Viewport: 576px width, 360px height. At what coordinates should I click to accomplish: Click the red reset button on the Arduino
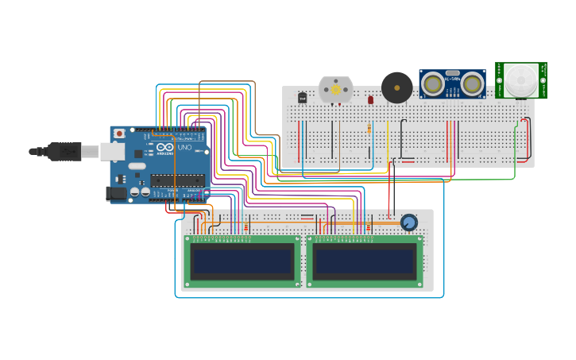[x=119, y=134]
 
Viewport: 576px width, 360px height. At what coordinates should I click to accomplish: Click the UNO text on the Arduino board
[x=184, y=148]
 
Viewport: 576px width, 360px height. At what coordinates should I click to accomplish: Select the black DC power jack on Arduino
[x=117, y=193]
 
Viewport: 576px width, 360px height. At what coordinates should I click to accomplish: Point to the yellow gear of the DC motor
[x=335, y=90]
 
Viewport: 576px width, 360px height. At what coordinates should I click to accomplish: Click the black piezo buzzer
[x=396, y=87]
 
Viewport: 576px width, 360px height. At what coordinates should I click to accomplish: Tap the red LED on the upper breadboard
[x=370, y=100]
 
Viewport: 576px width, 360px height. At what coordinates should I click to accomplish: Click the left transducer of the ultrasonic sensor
[x=433, y=83]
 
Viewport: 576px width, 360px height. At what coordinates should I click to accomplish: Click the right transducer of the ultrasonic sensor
[x=472, y=83]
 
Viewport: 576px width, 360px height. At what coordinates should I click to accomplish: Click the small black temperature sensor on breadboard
[x=302, y=98]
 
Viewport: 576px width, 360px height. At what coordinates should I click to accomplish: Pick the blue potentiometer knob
[x=408, y=223]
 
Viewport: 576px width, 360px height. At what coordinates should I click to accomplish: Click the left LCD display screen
[x=242, y=261]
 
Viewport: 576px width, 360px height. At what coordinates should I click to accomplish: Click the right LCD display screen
[x=364, y=261]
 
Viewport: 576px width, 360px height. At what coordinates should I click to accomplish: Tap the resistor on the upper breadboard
[x=369, y=129]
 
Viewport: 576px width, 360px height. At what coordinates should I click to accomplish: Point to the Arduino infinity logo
[x=164, y=148]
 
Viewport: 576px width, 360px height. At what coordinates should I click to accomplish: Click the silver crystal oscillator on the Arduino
[x=137, y=167]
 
